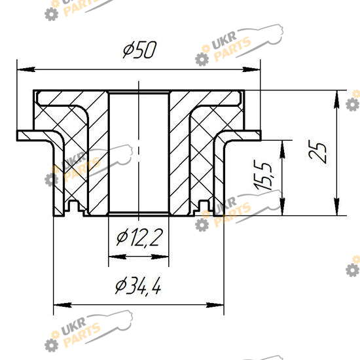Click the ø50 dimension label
click(x=139, y=50)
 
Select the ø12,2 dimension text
click(x=139, y=238)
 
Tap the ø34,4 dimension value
click(x=138, y=287)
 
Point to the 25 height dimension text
click(x=317, y=152)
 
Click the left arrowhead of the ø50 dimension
click(x=26, y=69)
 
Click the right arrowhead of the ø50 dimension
click(x=251, y=69)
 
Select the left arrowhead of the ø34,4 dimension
click(x=62, y=306)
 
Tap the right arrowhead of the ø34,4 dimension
click(x=215, y=306)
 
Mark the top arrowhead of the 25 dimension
click(x=336, y=99)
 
